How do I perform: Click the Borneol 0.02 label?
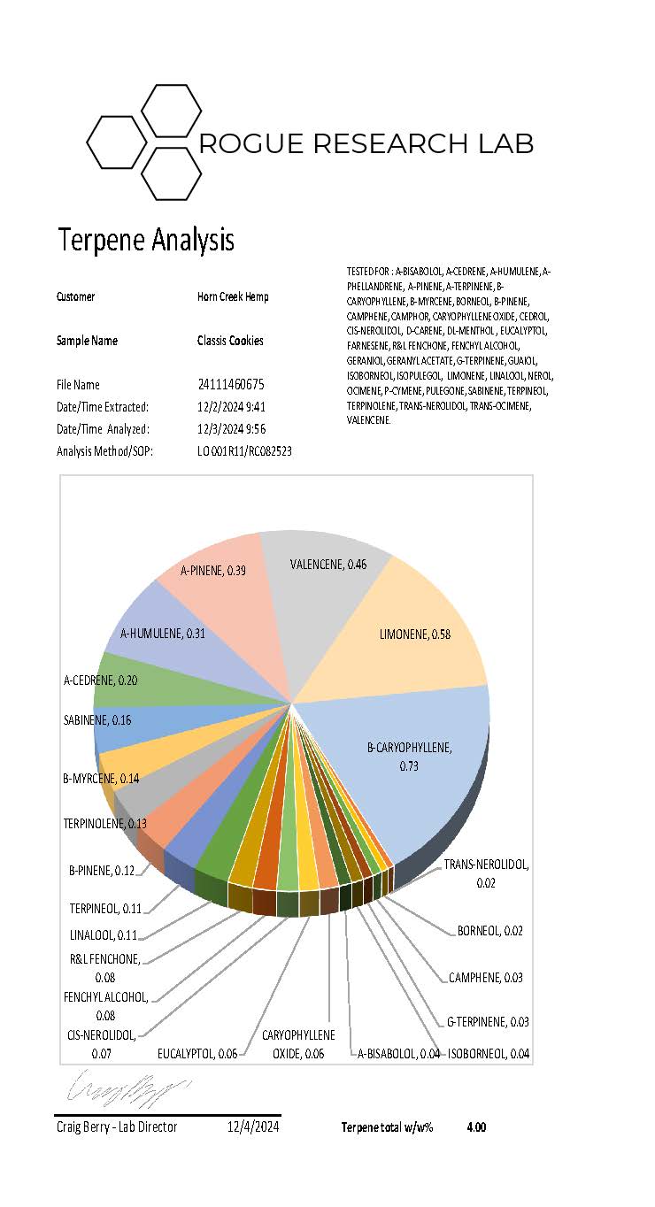489,931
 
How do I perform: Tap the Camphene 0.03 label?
485,978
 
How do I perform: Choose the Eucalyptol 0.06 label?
197,1054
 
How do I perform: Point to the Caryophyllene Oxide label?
297,1044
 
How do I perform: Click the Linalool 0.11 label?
104,934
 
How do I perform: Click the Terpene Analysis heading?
146,240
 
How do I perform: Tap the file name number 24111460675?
230,385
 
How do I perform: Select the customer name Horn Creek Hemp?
233,296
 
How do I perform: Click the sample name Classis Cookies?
229,341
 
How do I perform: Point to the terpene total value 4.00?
476,1127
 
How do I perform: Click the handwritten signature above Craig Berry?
127,1084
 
